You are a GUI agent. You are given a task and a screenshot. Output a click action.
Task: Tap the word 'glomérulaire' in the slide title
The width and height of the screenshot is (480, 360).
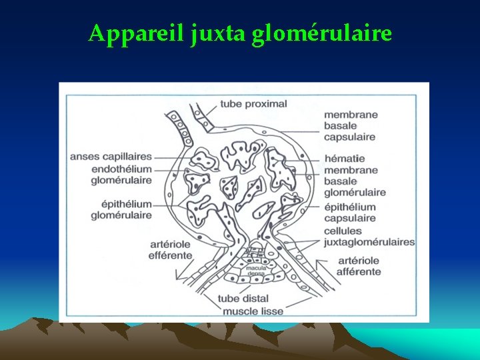coord(322,33)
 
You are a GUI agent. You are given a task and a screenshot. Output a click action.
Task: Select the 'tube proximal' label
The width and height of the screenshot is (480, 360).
coord(253,103)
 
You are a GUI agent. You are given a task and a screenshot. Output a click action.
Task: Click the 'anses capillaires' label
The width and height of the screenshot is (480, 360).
coord(111,157)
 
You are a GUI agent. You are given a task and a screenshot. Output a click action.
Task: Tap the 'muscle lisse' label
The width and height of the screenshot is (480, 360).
coord(253,311)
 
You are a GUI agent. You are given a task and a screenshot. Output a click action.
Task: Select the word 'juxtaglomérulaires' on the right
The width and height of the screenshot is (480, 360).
coord(369,242)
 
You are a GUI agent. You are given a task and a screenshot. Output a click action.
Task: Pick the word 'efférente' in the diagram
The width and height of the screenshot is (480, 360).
coord(169,255)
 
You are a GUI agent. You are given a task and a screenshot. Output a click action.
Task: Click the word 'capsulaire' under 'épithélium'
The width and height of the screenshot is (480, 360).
coord(349,218)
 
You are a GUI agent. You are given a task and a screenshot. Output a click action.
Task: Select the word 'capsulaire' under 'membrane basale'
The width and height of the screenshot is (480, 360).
coord(349,137)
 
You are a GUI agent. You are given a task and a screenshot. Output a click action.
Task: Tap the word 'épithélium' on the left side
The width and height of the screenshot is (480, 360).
coord(121,204)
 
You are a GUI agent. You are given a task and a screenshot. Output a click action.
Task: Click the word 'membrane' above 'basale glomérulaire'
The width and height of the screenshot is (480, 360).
coord(350,170)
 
